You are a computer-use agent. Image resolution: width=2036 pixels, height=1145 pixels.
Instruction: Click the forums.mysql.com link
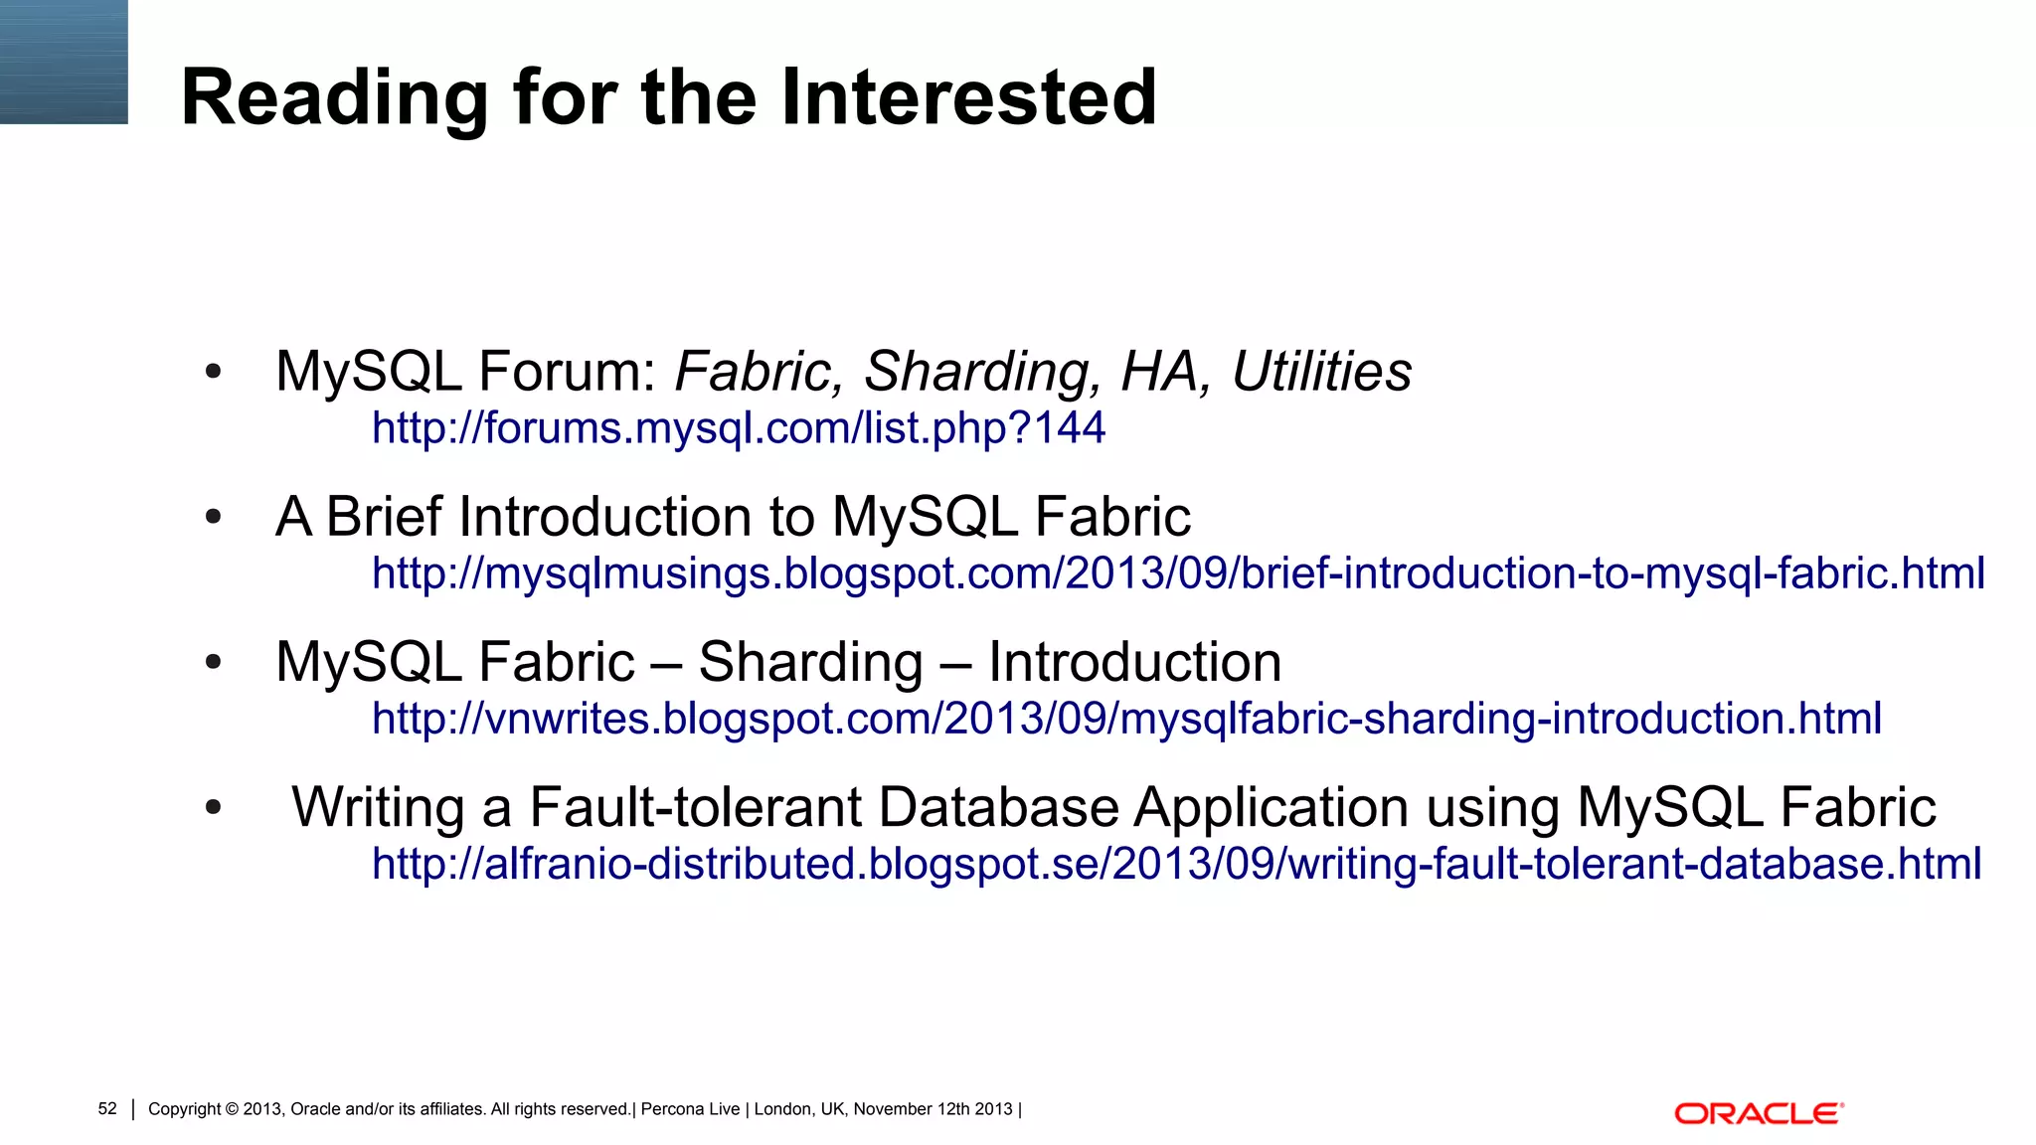(738, 428)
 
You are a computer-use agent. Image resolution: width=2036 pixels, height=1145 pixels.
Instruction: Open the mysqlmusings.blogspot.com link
(1178, 573)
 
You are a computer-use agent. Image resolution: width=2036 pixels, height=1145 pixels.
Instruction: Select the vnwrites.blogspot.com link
(1126, 719)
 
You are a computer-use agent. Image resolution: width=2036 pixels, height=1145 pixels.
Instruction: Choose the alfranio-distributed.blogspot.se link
(1176, 864)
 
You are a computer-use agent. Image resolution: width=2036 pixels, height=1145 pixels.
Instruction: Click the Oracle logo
(1759, 1113)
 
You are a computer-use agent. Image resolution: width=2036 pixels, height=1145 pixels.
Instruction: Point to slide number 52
(107, 1109)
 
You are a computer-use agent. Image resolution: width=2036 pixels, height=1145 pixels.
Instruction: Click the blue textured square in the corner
(64, 62)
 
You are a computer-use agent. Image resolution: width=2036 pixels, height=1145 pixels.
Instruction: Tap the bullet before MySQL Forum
(213, 373)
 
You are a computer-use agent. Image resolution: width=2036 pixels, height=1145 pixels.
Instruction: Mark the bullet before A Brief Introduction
(213, 518)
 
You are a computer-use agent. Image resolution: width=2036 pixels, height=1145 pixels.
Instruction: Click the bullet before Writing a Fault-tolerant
(213, 808)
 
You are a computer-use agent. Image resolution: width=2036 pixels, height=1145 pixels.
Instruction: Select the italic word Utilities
(1321, 372)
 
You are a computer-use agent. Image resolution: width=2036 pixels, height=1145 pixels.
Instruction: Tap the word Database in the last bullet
(998, 806)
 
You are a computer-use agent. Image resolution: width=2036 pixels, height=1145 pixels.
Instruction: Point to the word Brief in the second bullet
(384, 517)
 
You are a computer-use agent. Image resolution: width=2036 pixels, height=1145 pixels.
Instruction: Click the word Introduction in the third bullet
(1134, 662)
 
